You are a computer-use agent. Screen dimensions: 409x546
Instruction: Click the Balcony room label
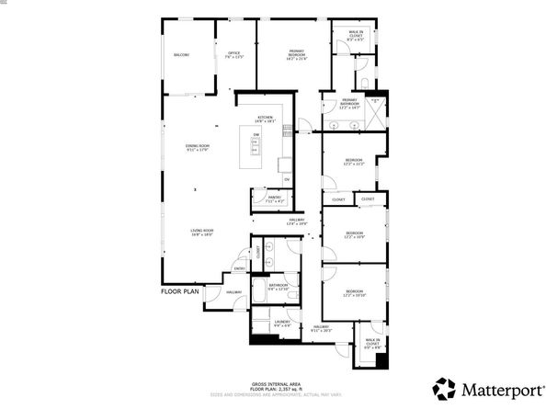[181, 55]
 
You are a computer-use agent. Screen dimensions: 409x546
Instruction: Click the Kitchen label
[266, 119]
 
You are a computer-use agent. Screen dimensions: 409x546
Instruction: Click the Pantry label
[274, 198]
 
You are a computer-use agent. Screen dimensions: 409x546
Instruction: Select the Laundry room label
[282, 324]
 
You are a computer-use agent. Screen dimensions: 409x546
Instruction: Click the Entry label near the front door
[239, 268]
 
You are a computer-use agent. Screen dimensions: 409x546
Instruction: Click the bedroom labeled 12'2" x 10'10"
[354, 294]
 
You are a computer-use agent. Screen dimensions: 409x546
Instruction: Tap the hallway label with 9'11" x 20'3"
[321, 329]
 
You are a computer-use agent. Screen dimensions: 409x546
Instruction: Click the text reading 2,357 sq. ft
[296, 390]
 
